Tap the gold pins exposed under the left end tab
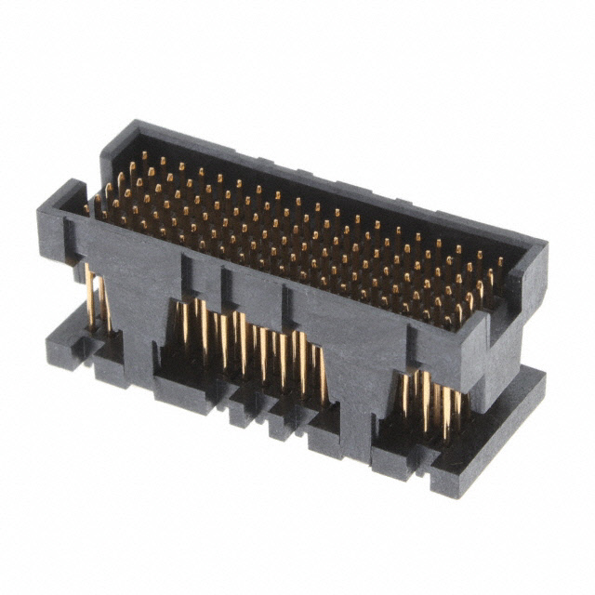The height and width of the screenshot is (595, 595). [x=93, y=296]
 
